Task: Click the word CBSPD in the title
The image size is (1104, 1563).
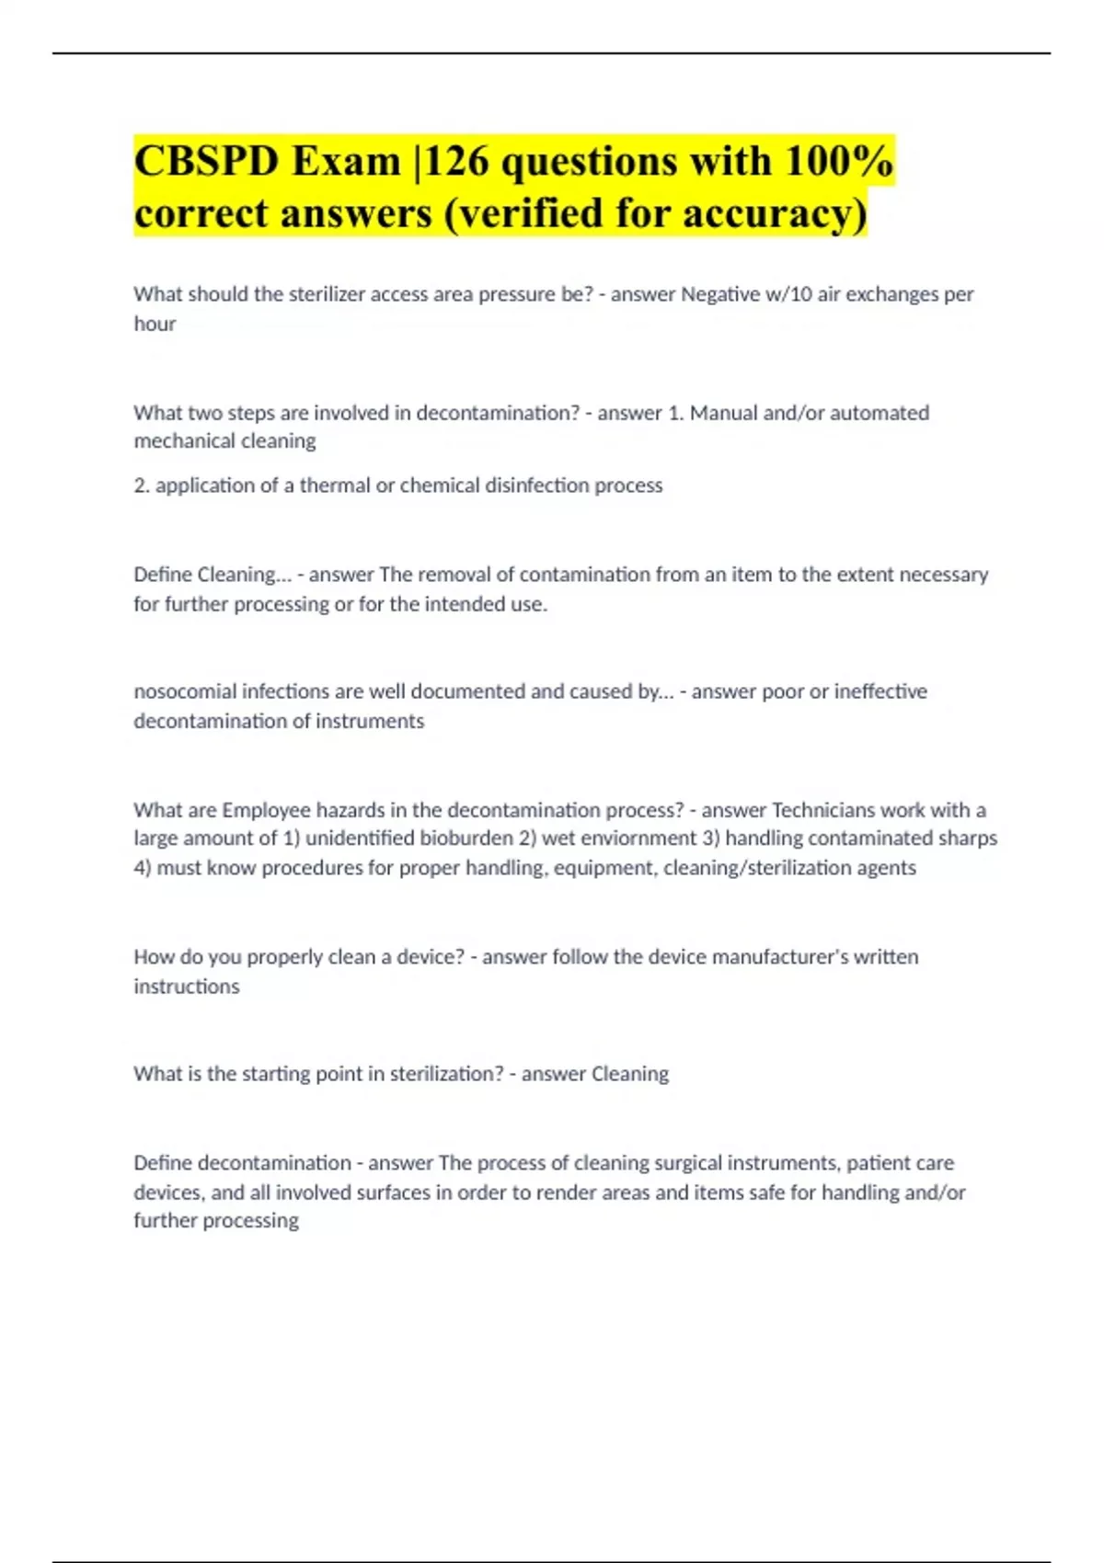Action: point(206,162)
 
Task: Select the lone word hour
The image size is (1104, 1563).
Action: point(155,324)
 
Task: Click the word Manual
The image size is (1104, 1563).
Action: point(724,413)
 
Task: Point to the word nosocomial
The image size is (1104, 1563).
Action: point(185,691)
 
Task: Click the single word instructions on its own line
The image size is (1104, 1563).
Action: point(187,987)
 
